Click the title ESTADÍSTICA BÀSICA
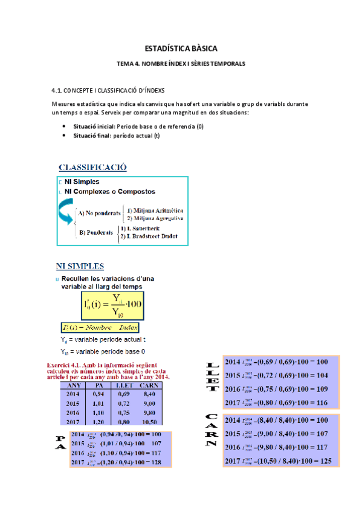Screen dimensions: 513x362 [181, 48]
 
